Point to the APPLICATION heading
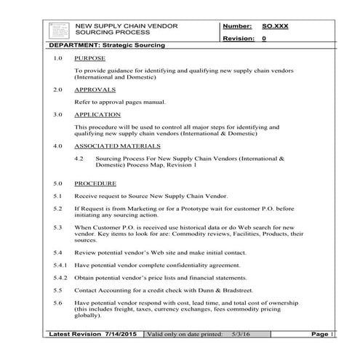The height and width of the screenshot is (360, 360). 97,115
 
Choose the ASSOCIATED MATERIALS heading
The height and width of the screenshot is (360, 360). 119,145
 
